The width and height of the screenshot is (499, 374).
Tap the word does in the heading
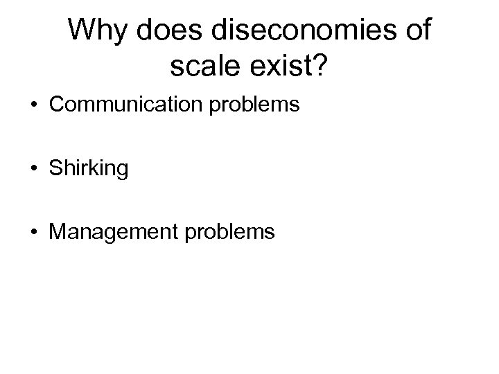tap(172, 31)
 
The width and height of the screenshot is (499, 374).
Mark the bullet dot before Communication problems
tap(34, 106)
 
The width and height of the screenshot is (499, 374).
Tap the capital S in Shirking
tap(54, 169)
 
